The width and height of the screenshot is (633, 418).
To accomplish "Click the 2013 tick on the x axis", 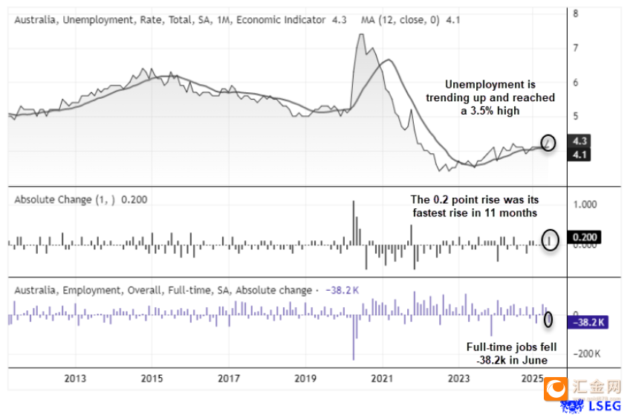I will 75,379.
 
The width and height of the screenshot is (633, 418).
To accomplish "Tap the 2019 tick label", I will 305,379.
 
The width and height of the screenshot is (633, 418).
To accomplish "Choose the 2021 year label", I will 382,379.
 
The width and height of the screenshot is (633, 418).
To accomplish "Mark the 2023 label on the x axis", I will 458,379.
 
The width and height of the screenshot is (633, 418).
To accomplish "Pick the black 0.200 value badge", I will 583,238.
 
